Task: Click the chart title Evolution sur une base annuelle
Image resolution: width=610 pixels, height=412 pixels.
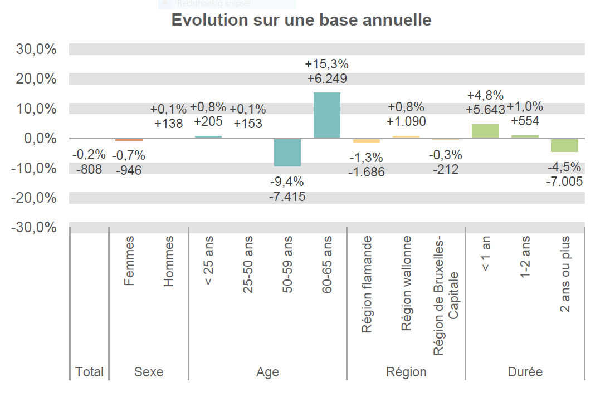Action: click(301, 20)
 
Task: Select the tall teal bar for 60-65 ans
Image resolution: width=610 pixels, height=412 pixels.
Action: click(327, 115)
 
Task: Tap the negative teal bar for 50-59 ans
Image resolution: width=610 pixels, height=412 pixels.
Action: click(287, 153)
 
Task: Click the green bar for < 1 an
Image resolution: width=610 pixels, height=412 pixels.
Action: click(485, 131)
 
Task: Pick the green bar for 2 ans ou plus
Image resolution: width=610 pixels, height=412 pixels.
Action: click(564, 145)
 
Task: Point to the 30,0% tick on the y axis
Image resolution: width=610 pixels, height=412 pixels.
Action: click(37, 49)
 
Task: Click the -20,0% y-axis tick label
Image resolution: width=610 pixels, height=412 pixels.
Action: click(35, 198)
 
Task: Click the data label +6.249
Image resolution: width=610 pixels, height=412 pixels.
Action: click(327, 79)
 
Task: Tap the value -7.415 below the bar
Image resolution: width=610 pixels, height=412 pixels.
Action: click(287, 196)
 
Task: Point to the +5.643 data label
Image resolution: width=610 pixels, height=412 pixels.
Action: click(485, 109)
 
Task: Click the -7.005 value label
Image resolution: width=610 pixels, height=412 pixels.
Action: click(564, 181)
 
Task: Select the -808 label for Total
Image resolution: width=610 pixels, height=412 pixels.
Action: click(89, 169)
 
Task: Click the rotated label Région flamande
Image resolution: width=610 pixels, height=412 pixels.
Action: click(367, 285)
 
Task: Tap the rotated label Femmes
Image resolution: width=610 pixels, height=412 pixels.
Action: click(129, 261)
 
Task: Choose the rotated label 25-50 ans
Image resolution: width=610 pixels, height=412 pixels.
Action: click(248, 264)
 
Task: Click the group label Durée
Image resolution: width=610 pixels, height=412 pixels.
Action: click(525, 372)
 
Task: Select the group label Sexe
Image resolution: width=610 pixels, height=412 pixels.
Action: click(149, 372)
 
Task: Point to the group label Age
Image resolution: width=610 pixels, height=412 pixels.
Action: click(267, 372)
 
